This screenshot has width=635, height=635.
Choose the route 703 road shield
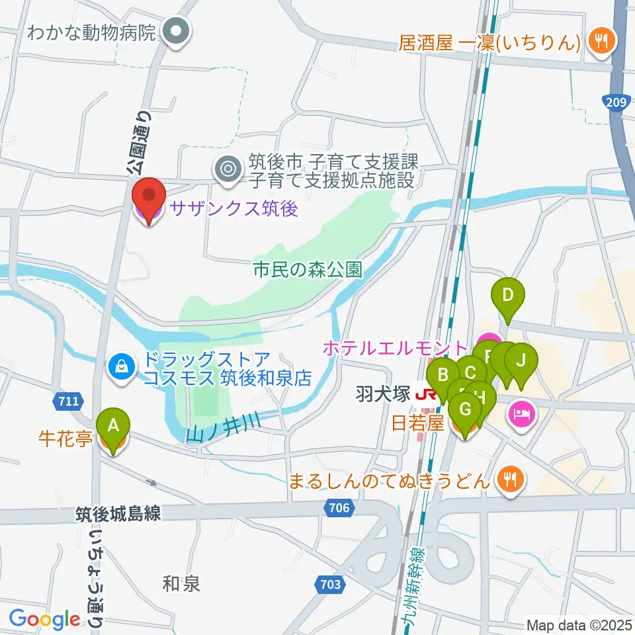click(x=332, y=585)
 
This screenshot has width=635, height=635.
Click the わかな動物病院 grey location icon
click(x=177, y=30)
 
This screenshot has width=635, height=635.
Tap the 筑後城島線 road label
click(x=117, y=514)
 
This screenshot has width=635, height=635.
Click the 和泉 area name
click(x=181, y=583)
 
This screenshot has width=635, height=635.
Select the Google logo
click(x=45, y=619)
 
